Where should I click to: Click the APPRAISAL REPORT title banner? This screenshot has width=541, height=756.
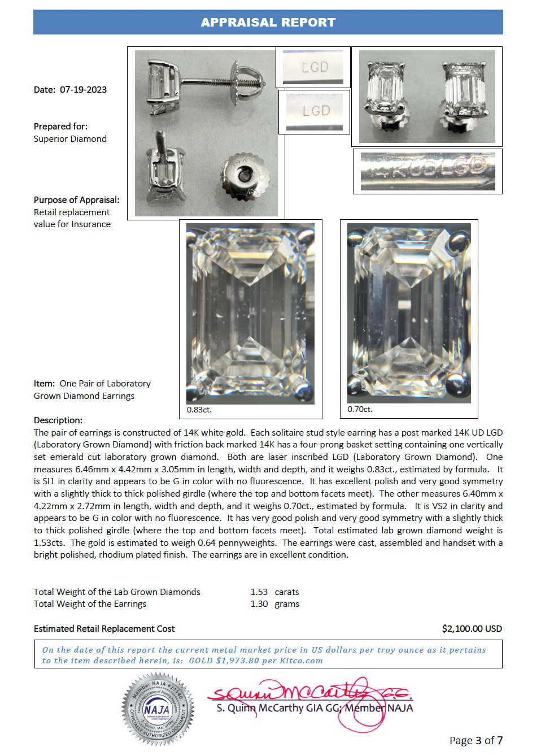tap(268, 23)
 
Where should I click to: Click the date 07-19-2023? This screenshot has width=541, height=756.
tap(83, 90)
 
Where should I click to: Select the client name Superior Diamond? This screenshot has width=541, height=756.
tap(70, 139)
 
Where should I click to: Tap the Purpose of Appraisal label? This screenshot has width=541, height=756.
tap(76, 200)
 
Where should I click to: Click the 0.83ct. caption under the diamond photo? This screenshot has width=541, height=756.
tap(199, 410)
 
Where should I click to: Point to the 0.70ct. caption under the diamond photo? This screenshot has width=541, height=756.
tap(360, 409)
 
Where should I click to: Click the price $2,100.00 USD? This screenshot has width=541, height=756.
tap(472, 629)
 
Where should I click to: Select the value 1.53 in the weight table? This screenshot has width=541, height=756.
tap(259, 592)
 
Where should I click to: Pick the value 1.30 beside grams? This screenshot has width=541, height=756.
tap(259, 604)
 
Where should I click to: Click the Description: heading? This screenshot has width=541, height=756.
tap(58, 420)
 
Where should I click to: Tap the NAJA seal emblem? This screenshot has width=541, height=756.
tap(158, 709)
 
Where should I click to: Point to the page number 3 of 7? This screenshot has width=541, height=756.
tap(475, 741)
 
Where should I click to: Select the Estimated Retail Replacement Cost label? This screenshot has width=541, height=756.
tap(104, 629)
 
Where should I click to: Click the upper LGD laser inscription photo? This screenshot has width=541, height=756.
tap(313, 67)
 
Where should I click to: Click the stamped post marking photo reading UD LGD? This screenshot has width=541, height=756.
tap(427, 171)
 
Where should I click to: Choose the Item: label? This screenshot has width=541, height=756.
tap(44, 384)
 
